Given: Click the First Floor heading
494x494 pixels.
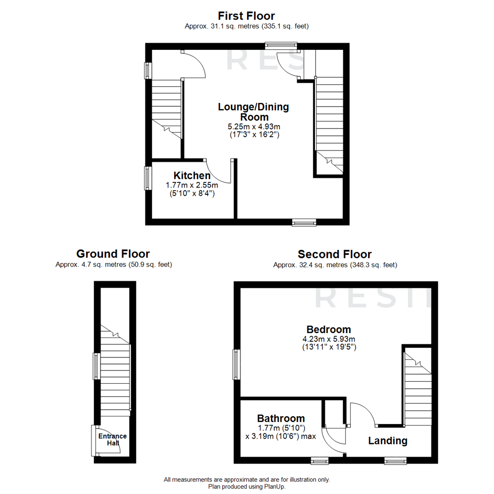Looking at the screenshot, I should (x=247, y=16).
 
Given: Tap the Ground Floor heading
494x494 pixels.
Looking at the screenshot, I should (x=113, y=254).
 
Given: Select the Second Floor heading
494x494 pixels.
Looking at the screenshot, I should (x=334, y=254).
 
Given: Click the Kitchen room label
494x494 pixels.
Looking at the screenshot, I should (x=192, y=176).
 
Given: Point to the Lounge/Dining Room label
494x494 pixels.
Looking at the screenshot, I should (x=253, y=112).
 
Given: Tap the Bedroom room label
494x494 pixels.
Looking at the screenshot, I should (x=328, y=329).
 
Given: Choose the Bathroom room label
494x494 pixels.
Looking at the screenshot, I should (x=281, y=418).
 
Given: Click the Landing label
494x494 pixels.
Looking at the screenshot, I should (x=388, y=441).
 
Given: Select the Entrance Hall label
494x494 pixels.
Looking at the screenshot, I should (x=113, y=440).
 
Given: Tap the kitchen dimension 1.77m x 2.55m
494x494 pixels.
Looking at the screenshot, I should (x=191, y=185).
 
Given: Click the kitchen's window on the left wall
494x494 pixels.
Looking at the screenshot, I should (x=147, y=178).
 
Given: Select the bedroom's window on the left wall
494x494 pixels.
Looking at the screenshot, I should (x=236, y=365).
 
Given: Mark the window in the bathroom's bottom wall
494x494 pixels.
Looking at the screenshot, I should (x=319, y=461).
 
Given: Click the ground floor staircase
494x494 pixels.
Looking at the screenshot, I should (x=115, y=370).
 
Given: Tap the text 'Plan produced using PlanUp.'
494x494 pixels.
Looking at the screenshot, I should (x=247, y=487).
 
